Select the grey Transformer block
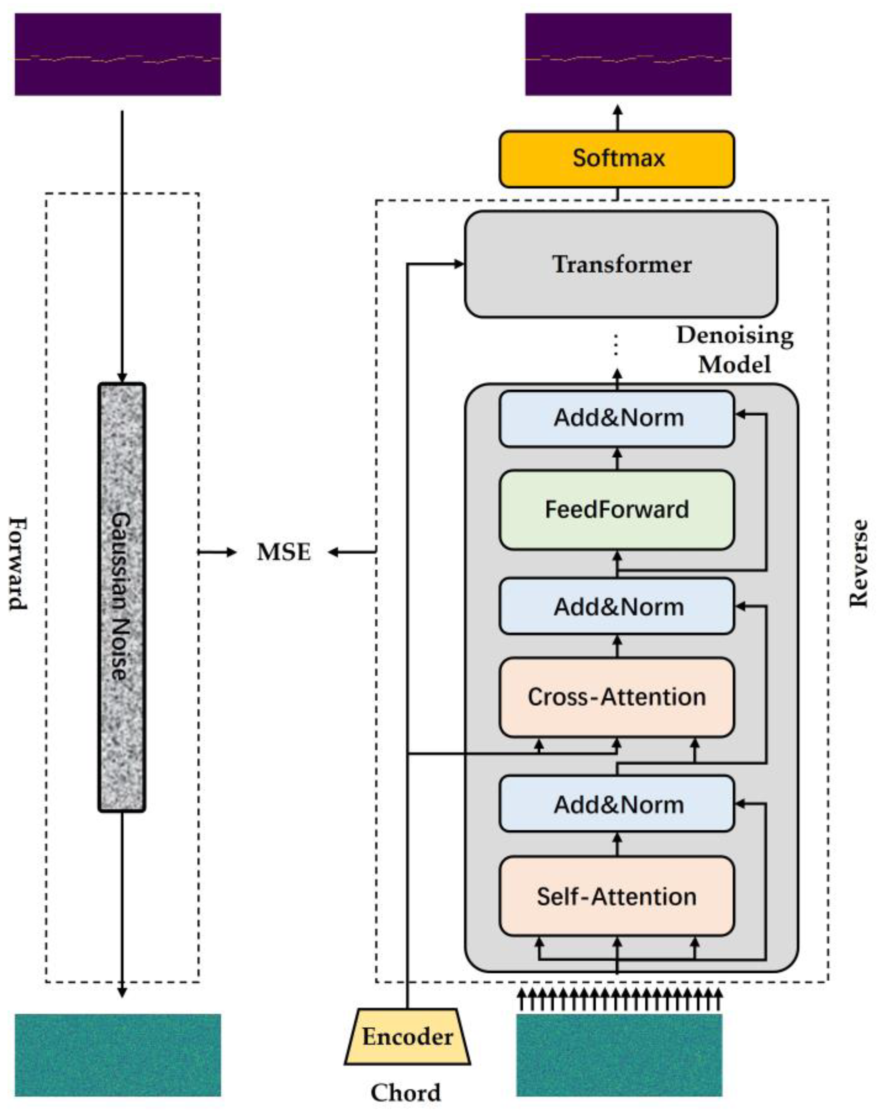click(x=621, y=264)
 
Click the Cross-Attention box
click(x=617, y=697)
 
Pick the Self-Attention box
click(x=617, y=896)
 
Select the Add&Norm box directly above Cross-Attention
click(x=617, y=606)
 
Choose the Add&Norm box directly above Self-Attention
click(x=617, y=804)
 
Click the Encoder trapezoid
click(x=408, y=1037)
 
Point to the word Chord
click(x=406, y=1093)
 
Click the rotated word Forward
click(x=18, y=563)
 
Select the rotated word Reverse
click(x=857, y=563)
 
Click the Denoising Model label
click(x=735, y=350)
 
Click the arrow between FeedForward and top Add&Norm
click(x=618, y=459)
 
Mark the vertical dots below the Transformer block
click(x=617, y=344)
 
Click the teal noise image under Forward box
click(x=118, y=1055)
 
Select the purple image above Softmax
click(x=628, y=55)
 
